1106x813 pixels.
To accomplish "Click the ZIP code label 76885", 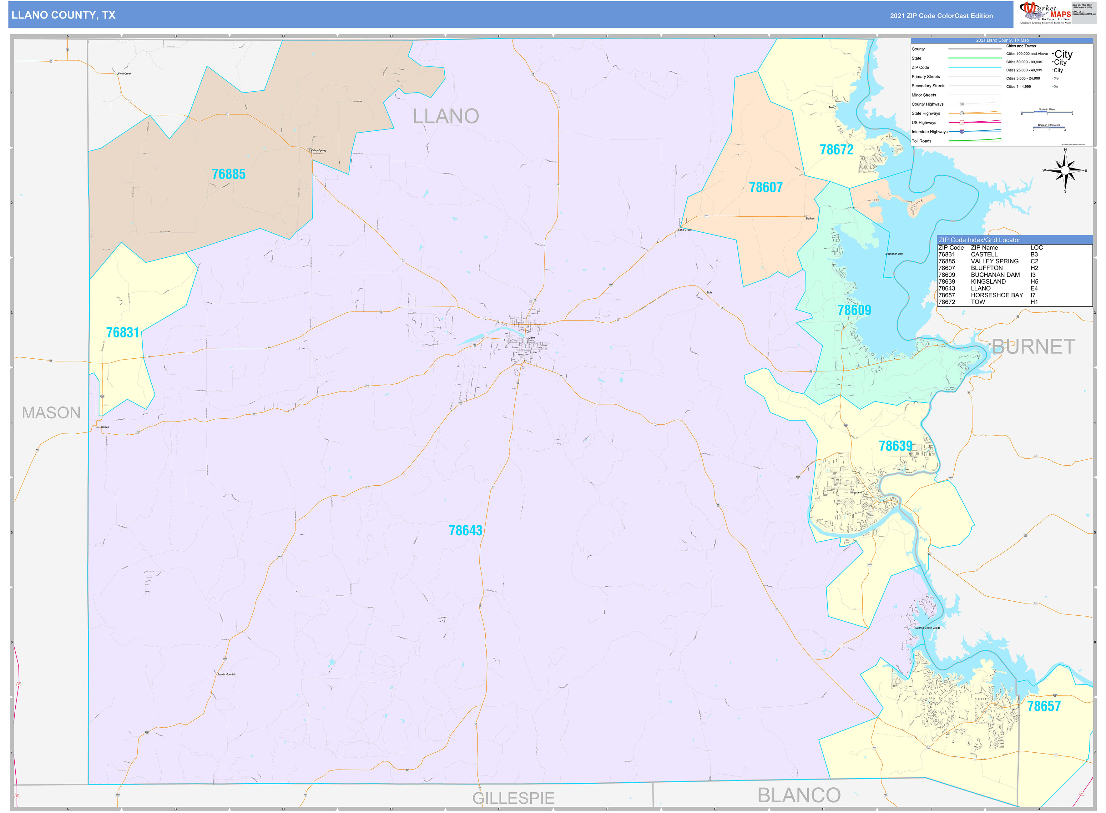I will click(228, 174).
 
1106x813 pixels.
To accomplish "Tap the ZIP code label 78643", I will click(465, 531).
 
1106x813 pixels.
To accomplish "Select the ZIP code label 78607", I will click(765, 188).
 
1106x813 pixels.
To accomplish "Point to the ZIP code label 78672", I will click(836, 149).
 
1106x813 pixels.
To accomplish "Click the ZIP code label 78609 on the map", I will click(854, 310).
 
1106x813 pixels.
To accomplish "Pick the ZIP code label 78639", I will click(896, 446).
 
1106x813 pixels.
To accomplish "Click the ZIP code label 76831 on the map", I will click(123, 333).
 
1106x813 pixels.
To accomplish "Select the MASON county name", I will click(51, 412).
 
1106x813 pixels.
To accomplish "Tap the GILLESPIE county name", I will click(513, 798).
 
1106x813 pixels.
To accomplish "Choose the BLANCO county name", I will click(799, 795).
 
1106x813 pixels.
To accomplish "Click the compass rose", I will click(1065, 171).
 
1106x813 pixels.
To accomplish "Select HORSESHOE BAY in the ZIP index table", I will click(996, 295).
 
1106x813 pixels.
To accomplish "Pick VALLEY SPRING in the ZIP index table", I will click(994, 261).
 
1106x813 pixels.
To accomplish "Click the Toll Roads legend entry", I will click(922, 141).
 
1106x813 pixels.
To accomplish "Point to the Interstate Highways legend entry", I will click(929, 132).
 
